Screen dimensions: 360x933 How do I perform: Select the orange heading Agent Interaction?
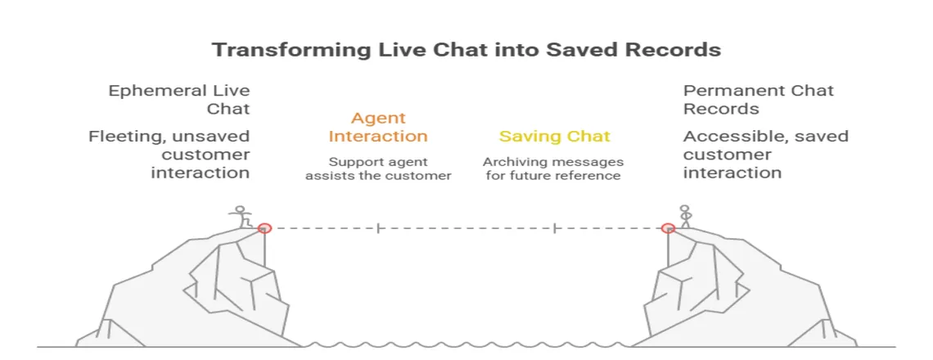(377, 128)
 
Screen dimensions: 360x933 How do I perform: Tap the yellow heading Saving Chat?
(554, 137)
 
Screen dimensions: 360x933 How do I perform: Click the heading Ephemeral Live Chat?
(179, 99)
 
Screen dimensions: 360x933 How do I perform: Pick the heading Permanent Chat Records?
(758, 99)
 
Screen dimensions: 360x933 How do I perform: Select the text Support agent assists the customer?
(377, 169)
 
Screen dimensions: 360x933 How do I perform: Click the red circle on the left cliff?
(264, 228)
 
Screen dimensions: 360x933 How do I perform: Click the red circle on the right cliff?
(668, 228)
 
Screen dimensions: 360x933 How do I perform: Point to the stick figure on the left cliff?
(240, 216)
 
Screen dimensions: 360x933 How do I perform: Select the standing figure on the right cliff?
(685, 216)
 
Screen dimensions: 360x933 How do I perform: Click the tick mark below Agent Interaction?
(378, 228)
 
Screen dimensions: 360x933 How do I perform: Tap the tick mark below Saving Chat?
(555, 228)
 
